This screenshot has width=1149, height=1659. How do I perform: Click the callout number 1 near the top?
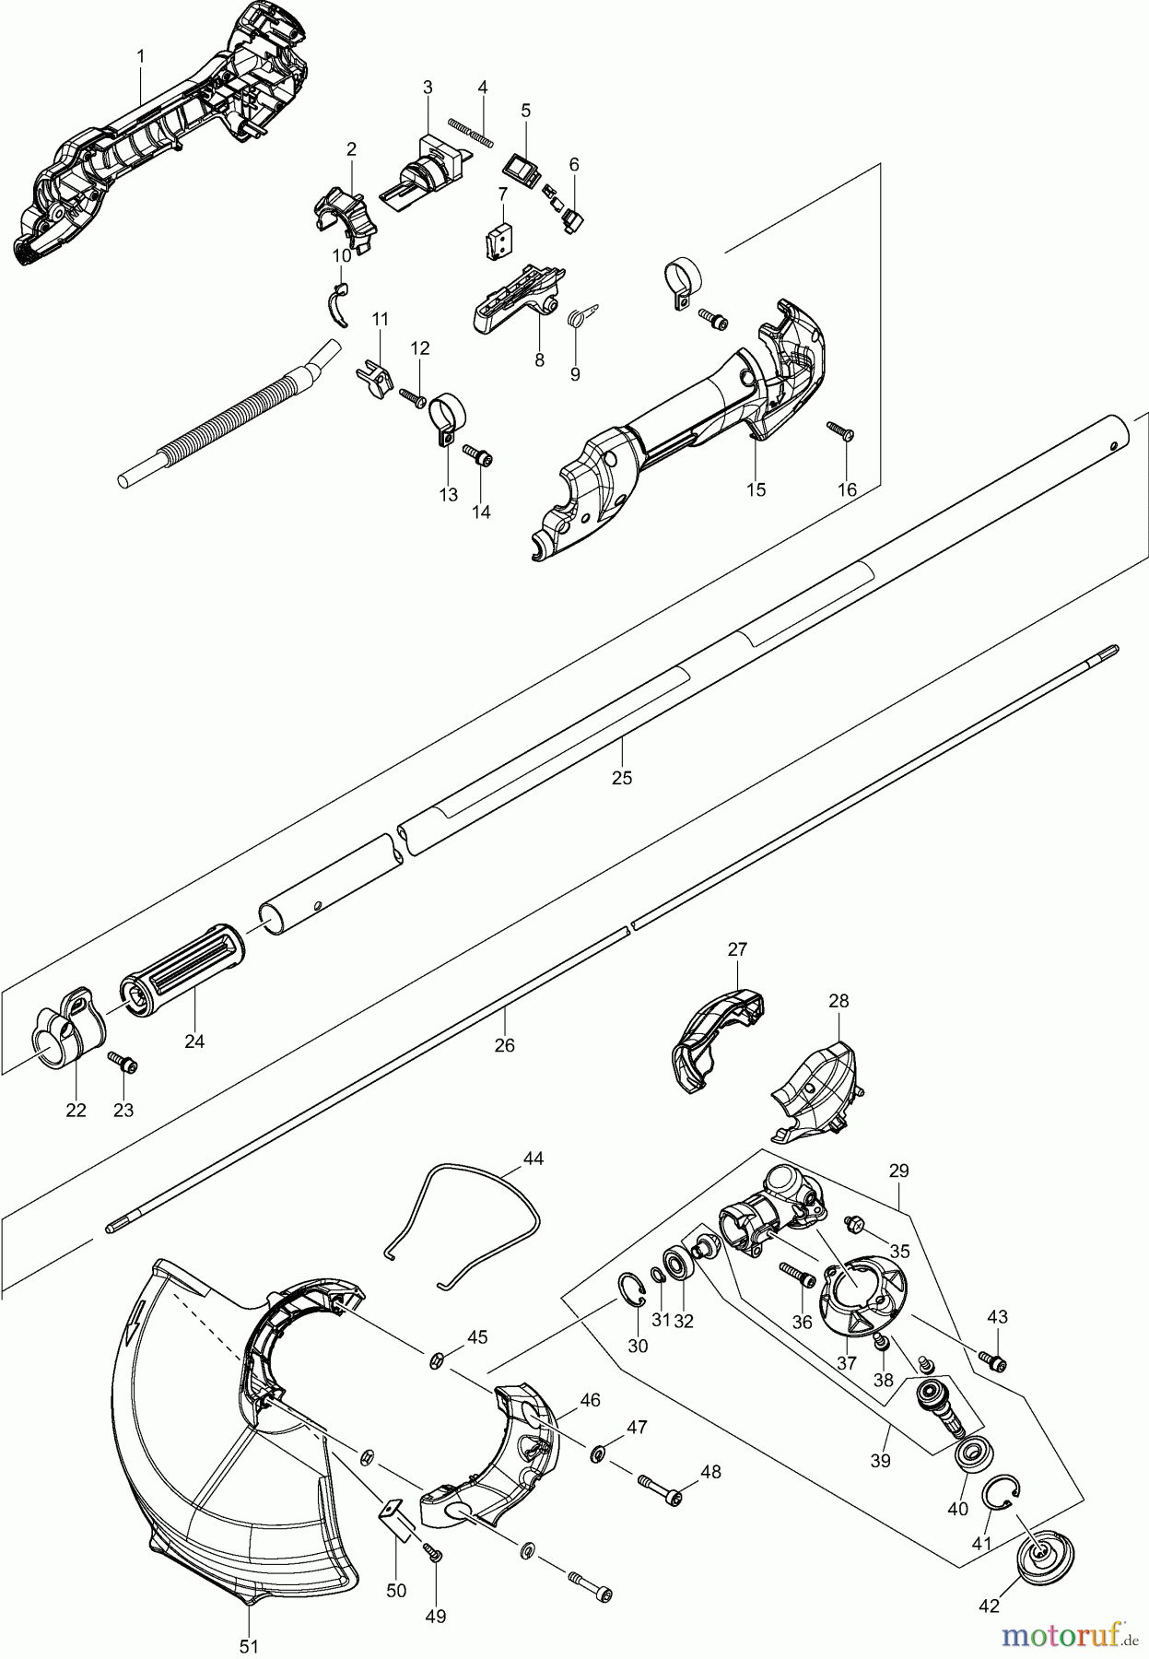(140, 57)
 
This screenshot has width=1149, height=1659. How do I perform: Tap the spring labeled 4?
(471, 130)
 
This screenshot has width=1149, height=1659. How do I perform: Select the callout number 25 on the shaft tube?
(622, 777)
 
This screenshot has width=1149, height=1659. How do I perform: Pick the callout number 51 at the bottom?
(249, 1646)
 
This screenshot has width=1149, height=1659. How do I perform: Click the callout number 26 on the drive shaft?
(504, 1045)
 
